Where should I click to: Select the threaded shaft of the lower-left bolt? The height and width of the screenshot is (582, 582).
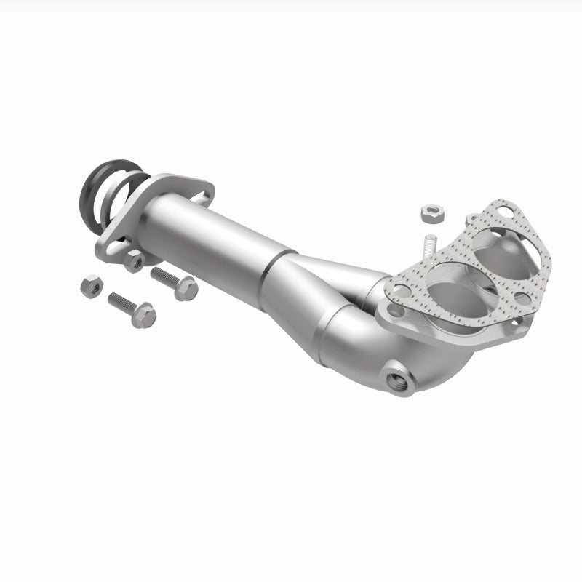(120, 301)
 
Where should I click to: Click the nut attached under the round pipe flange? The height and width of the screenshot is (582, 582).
(134, 261)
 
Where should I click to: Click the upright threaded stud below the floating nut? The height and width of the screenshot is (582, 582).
(428, 242)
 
